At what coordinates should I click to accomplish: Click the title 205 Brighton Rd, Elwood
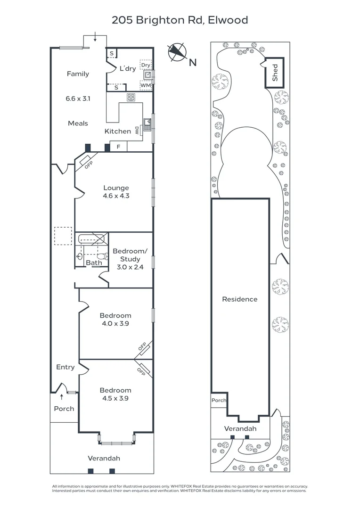180,20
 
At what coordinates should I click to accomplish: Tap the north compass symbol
178,52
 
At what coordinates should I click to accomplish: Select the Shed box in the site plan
275,73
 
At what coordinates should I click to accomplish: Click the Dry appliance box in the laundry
146,65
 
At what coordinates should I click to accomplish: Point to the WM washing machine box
146,86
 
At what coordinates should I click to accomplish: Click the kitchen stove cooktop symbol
131,97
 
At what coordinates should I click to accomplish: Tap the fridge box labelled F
118,147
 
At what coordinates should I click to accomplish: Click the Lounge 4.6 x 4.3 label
115,191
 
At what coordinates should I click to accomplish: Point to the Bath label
94,263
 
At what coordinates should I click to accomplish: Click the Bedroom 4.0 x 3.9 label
115,320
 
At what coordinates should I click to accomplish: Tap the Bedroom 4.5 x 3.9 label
115,394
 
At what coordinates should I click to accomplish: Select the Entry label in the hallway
65,367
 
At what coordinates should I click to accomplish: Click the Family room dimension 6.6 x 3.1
77,99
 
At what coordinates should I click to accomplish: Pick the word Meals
78,123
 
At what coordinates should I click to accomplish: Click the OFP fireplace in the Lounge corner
86,164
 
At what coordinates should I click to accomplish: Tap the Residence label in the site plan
240,299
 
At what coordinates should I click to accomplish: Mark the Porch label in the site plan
219,400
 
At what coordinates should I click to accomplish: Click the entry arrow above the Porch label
62,397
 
